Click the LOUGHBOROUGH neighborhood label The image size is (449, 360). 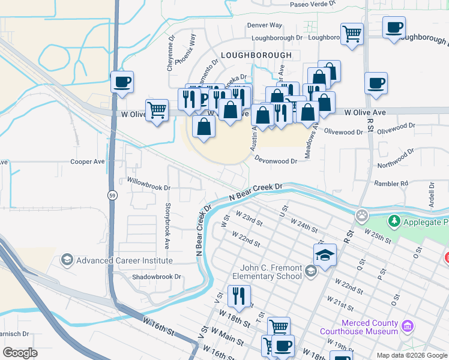click(x=256, y=55)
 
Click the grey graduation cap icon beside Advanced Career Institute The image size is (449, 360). click(x=67, y=260)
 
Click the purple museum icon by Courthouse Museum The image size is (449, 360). click(x=408, y=326)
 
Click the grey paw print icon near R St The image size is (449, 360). click(x=361, y=215)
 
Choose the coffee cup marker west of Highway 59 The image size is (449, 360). click(x=122, y=82)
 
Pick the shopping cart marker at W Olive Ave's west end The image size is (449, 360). click(x=157, y=110)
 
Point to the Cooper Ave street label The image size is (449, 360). click(x=88, y=161)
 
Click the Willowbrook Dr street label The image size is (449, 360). click(x=148, y=186)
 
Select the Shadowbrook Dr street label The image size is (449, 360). click(x=156, y=277)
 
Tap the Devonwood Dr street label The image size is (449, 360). click(x=276, y=161)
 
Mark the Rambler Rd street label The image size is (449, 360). click(x=391, y=183)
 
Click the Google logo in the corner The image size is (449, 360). click(x=20, y=352)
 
